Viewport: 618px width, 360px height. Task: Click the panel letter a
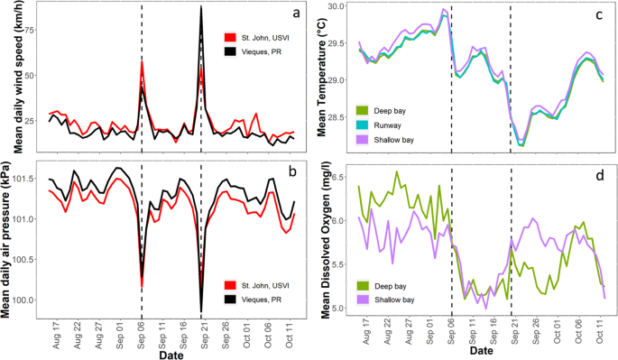(283, 14)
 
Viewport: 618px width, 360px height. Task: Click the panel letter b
(283, 174)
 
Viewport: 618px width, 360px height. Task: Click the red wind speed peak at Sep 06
(142, 61)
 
